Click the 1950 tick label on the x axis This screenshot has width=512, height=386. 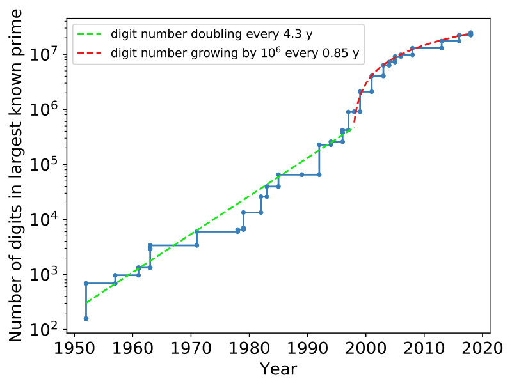tap(74, 348)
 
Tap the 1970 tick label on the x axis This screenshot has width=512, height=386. tap(191, 348)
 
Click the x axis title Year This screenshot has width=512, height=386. tap(278, 369)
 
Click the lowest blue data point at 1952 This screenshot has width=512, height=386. tap(86, 318)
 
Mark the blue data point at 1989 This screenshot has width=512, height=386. tap(301, 174)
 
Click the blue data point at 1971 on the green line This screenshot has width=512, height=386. tap(196, 232)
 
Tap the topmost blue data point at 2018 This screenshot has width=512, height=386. tap(470, 33)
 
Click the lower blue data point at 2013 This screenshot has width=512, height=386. tap(442, 48)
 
